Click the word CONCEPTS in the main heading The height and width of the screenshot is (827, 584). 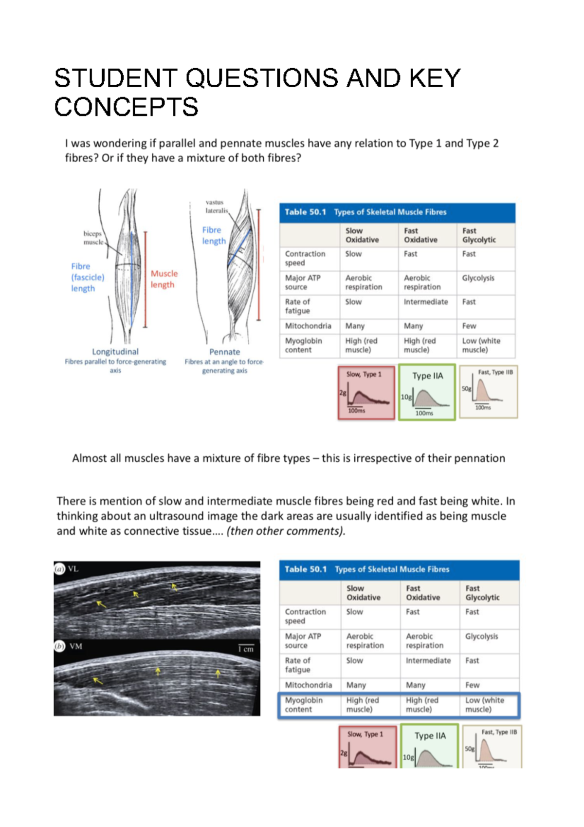126,107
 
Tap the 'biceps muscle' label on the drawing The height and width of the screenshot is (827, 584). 92,238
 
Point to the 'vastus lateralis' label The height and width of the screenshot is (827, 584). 216,207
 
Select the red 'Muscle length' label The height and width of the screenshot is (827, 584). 164,279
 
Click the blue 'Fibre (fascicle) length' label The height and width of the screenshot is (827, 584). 88,277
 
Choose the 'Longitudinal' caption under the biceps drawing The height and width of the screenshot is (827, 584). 115,352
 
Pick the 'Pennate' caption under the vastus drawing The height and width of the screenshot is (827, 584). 224,352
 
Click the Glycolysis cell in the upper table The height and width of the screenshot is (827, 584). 478,278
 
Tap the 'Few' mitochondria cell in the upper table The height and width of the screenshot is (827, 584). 469,326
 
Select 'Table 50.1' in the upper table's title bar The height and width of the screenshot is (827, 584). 305,212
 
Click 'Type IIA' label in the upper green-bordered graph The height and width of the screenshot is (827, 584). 427,376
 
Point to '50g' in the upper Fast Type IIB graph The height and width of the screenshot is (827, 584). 466,389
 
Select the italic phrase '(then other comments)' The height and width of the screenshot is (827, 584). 286,531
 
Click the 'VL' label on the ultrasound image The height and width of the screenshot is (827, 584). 73,569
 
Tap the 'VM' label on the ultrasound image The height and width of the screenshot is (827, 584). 75,646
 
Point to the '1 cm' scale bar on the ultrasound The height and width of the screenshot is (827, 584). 246,648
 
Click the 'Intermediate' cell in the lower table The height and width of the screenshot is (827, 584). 428,660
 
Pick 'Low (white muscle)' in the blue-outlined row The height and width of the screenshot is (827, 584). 484,705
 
